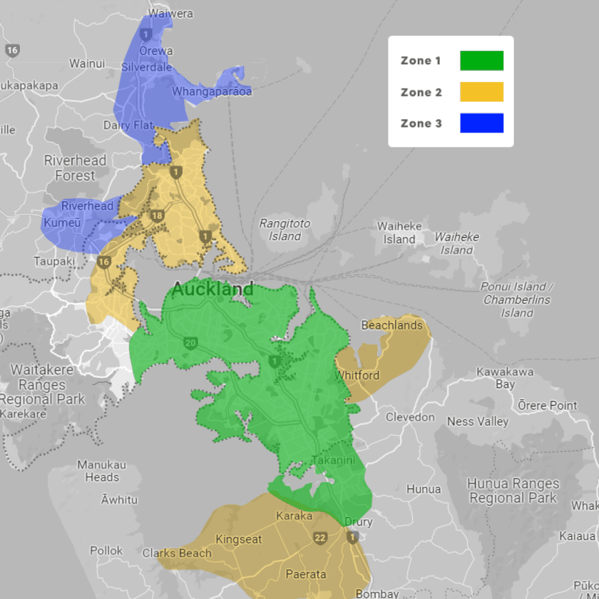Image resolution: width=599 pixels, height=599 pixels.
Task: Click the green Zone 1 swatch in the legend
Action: tap(481, 61)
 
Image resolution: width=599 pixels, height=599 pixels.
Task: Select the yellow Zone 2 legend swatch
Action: tap(481, 92)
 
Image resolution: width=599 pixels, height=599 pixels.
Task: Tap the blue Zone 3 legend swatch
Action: tap(481, 123)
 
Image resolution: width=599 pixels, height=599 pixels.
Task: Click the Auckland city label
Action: tap(213, 289)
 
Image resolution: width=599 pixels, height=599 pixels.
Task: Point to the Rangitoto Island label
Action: tap(285, 230)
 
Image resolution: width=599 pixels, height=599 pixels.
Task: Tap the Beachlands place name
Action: tap(392, 325)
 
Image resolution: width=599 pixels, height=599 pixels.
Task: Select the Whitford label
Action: tap(357, 375)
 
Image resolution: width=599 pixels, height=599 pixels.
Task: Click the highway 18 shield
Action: tap(156, 216)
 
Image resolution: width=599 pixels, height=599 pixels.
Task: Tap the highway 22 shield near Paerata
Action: tap(319, 538)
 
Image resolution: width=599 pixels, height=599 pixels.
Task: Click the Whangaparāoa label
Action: tap(212, 92)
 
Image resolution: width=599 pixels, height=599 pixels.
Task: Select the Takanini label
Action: tap(333, 460)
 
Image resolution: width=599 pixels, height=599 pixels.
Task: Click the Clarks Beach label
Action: tap(177, 553)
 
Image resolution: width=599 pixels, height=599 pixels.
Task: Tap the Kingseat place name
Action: tap(239, 539)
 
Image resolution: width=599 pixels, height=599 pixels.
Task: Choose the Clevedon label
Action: tap(410, 417)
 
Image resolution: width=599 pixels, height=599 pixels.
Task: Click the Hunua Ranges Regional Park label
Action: tap(513, 491)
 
